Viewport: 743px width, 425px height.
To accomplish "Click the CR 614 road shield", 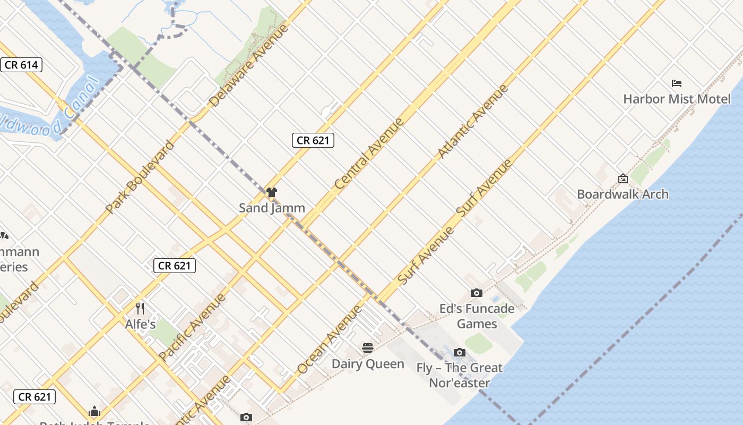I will (x=21, y=65).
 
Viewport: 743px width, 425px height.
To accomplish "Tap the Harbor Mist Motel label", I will (x=677, y=99).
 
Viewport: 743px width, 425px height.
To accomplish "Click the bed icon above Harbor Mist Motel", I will (x=677, y=83).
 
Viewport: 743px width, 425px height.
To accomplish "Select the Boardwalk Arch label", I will (x=623, y=194).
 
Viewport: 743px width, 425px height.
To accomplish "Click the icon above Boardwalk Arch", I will (x=623, y=179).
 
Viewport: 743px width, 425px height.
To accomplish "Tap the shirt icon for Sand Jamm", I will (x=272, y=192).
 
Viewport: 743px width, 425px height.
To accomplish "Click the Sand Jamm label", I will (x=272, y=208).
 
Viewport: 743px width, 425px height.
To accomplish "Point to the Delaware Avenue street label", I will (x=249, y=65).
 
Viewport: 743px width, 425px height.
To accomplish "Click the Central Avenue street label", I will (x=369, y=154).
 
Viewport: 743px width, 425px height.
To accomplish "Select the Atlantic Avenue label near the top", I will (x=472, y=121).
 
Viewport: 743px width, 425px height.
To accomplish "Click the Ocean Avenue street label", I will (x=329, y=340).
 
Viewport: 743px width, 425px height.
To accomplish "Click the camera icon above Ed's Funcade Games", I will (x=477, y=293).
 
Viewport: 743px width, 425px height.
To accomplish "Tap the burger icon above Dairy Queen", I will (x=368, y=348).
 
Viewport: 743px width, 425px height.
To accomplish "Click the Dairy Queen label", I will (x=368, y=364).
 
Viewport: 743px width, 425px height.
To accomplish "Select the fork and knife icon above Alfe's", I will (x=140, y=309).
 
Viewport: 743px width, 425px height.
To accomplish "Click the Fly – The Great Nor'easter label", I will (x=459, y=375).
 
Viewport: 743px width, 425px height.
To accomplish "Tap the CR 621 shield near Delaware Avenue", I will (x=313, y=140).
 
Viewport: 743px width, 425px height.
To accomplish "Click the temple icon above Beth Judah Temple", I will (x=94, y=411).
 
